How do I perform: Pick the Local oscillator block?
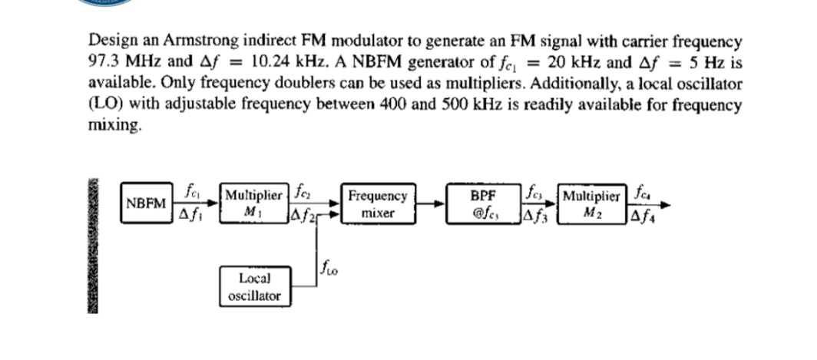click(253, 285)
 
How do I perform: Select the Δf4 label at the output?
click(642, 217)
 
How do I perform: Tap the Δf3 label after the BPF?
click(536, 217)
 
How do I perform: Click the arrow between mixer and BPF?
click(432, 204)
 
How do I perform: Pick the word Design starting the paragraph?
click(110, 40)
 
